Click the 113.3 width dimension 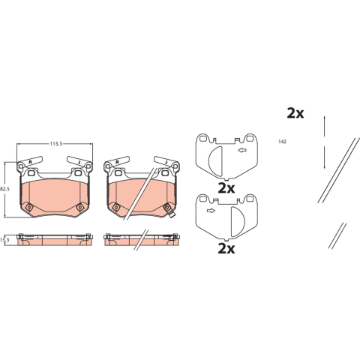click(55, 144)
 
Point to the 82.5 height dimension click(4, 189)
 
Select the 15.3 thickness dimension click(4, 240)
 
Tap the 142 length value click(282, 142)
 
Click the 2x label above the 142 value click(295, 113)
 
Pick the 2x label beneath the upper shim click(226, 188)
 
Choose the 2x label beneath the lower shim click(226, 249)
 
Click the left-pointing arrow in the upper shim click(242, 150)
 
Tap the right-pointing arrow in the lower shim click(211, 211)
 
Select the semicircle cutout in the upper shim click(215, 160)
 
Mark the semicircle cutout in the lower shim click(238, 222)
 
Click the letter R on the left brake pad click(30, 162)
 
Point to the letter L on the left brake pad click(79, 162)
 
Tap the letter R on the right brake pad click(117, 162)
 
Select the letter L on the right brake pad click(166, 162)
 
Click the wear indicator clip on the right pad click(172, 214)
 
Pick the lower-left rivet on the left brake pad click(29, 207)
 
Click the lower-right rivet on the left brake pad click(80, 207)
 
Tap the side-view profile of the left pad click(54, 239)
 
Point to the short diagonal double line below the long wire click(337, 235)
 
